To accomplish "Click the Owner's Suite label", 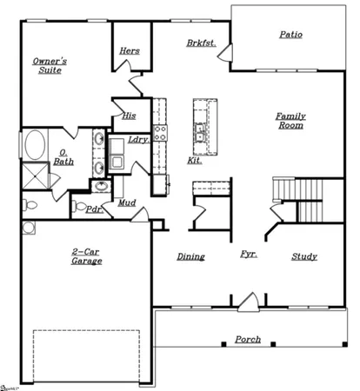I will pos(50,67).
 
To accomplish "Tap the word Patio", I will pos(290,35).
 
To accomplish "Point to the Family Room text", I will pos(290,121).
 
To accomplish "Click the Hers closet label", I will pos(130,50).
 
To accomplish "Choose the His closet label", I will pos(129,116).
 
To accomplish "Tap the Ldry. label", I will pos(138,139).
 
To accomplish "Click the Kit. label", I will pos(195,161).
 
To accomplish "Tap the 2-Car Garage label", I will pos(86,255).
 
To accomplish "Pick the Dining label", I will pos(190,256).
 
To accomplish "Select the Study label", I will pos(304,256).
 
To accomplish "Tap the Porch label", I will pos(248,339).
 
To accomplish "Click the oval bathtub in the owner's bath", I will pos(36,144).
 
